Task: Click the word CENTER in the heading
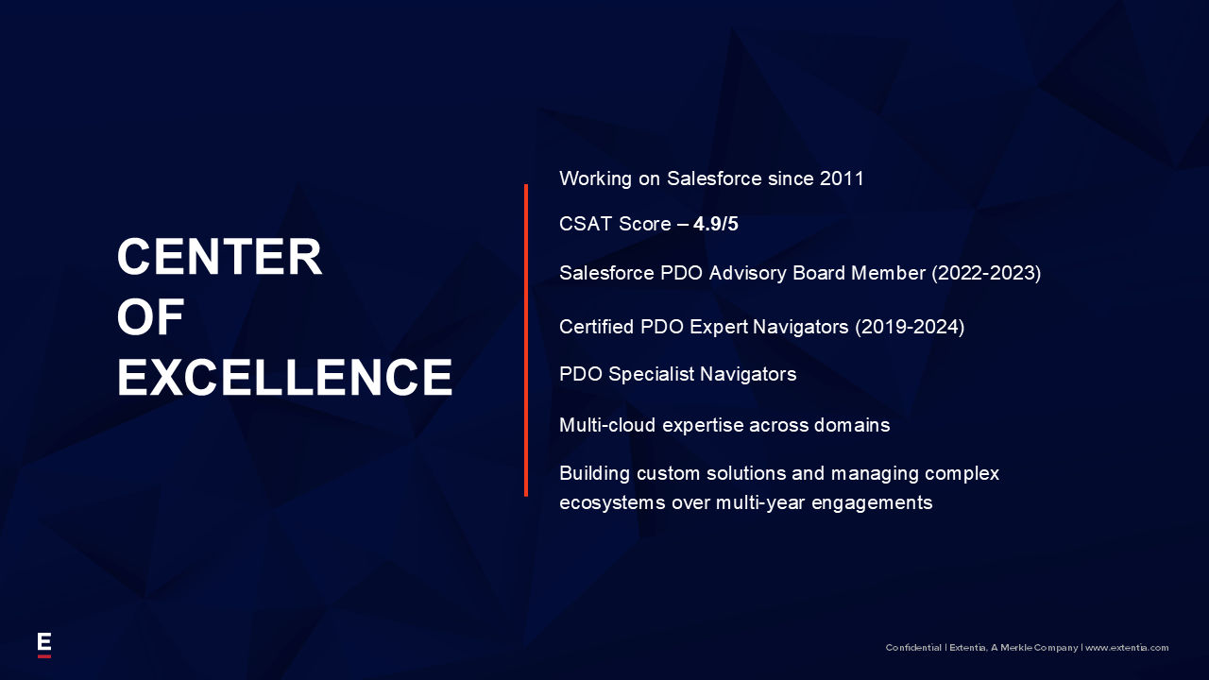click(219, 257)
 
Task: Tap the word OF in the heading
click(150, 317)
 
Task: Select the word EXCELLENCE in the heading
click(284, 377)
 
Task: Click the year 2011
click(842, 178)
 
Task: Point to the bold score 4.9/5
click(716, 224)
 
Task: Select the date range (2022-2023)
click(986, 273)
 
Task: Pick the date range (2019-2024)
click(910, 327)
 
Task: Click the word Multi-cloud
click(607, 425)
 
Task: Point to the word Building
click(595, 474)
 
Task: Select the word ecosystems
click(612, 503)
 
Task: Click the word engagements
click(872, 503)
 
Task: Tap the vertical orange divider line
click(526, 340)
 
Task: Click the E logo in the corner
click(44, 645)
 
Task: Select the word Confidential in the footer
click(913, 648)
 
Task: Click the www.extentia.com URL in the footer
click(1127, 648)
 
